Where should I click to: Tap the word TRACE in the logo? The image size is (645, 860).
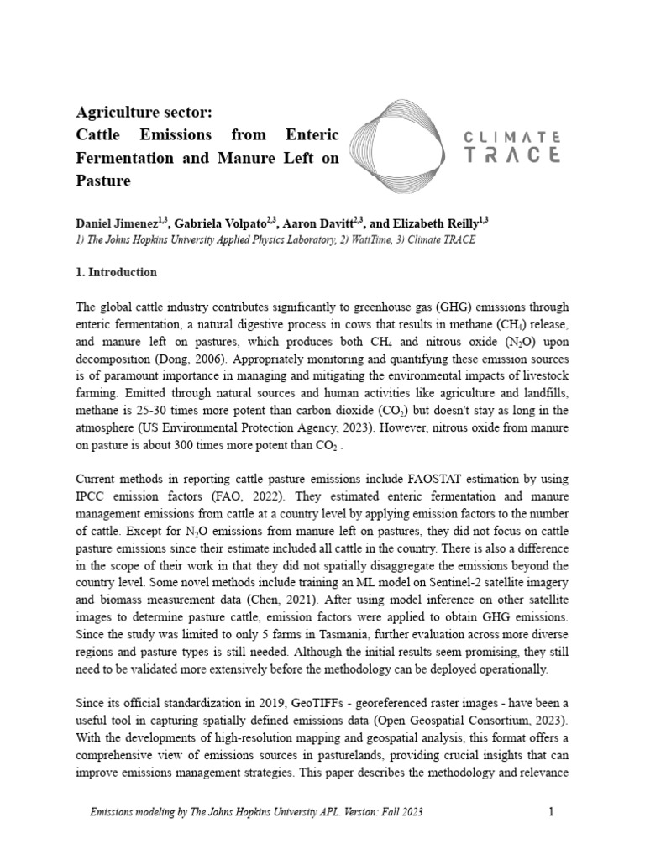click(512, 155)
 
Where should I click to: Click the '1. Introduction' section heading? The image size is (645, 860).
click(117, 273)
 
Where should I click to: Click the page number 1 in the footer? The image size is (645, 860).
click(551, 812)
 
